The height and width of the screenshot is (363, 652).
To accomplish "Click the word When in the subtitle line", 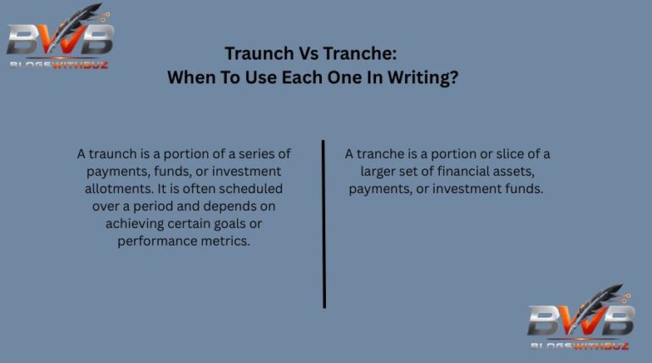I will [x=193, y=77].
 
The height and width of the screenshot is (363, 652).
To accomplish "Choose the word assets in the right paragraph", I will [x=526, y=171].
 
